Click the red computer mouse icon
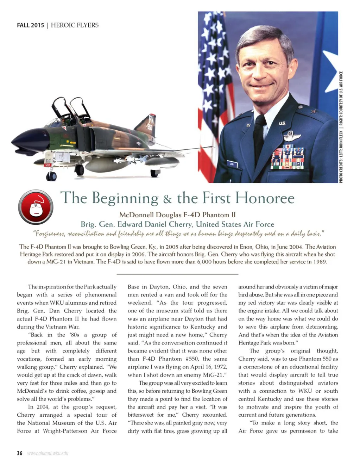36,207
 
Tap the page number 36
20,453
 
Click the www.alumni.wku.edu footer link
48,453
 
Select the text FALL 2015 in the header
31,25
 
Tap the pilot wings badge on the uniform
290,136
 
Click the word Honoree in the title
265,198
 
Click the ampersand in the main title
168,199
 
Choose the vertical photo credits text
341,127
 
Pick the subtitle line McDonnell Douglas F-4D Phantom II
177,215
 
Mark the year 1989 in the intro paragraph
318,262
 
